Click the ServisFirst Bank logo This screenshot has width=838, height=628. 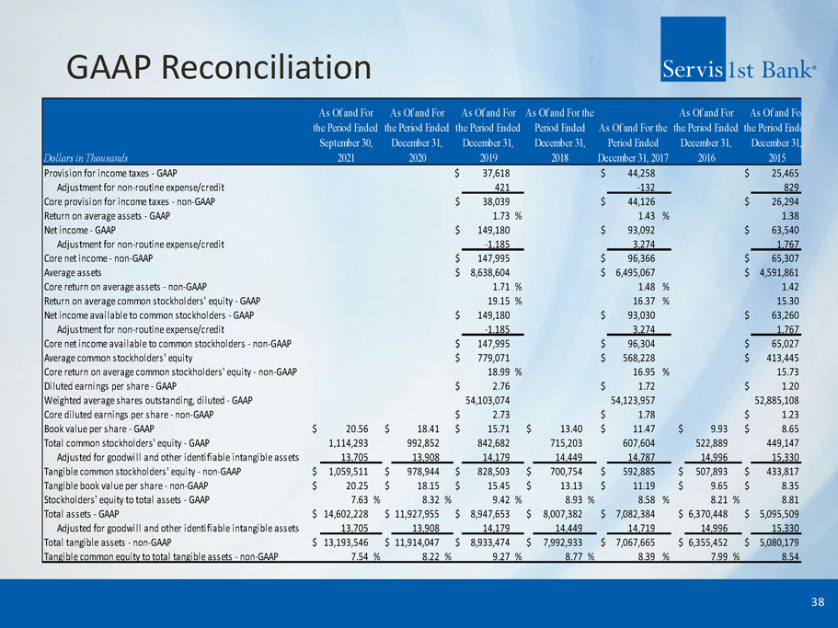tap(738, 68)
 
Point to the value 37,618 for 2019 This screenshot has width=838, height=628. tap(503, 173)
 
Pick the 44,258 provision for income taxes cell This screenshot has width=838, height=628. tap(648, 173)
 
